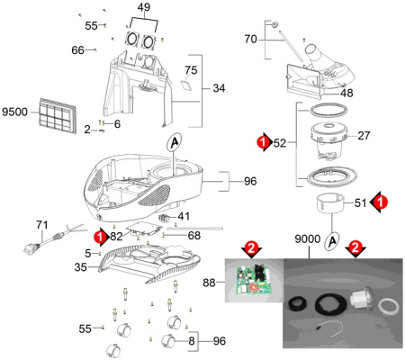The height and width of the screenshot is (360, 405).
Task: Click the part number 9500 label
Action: click(x=14, y=112)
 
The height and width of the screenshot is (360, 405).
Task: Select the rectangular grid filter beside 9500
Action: click(x=58, y=115)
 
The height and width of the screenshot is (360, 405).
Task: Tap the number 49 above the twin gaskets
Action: click(x=144, y=7)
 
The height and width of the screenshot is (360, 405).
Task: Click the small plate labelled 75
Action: click(x=186, y=85)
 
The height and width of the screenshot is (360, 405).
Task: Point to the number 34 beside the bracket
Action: click(x=219, y=88)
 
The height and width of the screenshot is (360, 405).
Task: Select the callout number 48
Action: click(x=346, y=93)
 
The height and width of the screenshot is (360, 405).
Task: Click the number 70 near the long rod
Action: click(x=250, y=39)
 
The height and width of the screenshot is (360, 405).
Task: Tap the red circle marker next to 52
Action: click(x=264, y=142)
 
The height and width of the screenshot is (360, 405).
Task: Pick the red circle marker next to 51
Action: click(x=381, y=202)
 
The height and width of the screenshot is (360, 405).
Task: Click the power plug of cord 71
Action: click(x=31, y=248)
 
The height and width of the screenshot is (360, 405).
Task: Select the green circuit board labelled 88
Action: click(x=255, y=280)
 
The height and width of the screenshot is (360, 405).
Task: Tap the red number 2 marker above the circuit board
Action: click(x=251, y=247)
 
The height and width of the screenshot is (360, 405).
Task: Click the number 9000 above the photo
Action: click(x=308, y=239)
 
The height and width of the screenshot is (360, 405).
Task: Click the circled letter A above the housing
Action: click(x=175, y=142)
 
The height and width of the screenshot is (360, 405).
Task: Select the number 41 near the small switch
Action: click(x=184, y=216)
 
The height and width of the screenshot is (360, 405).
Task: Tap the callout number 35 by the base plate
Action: click(x=81, y=267)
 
